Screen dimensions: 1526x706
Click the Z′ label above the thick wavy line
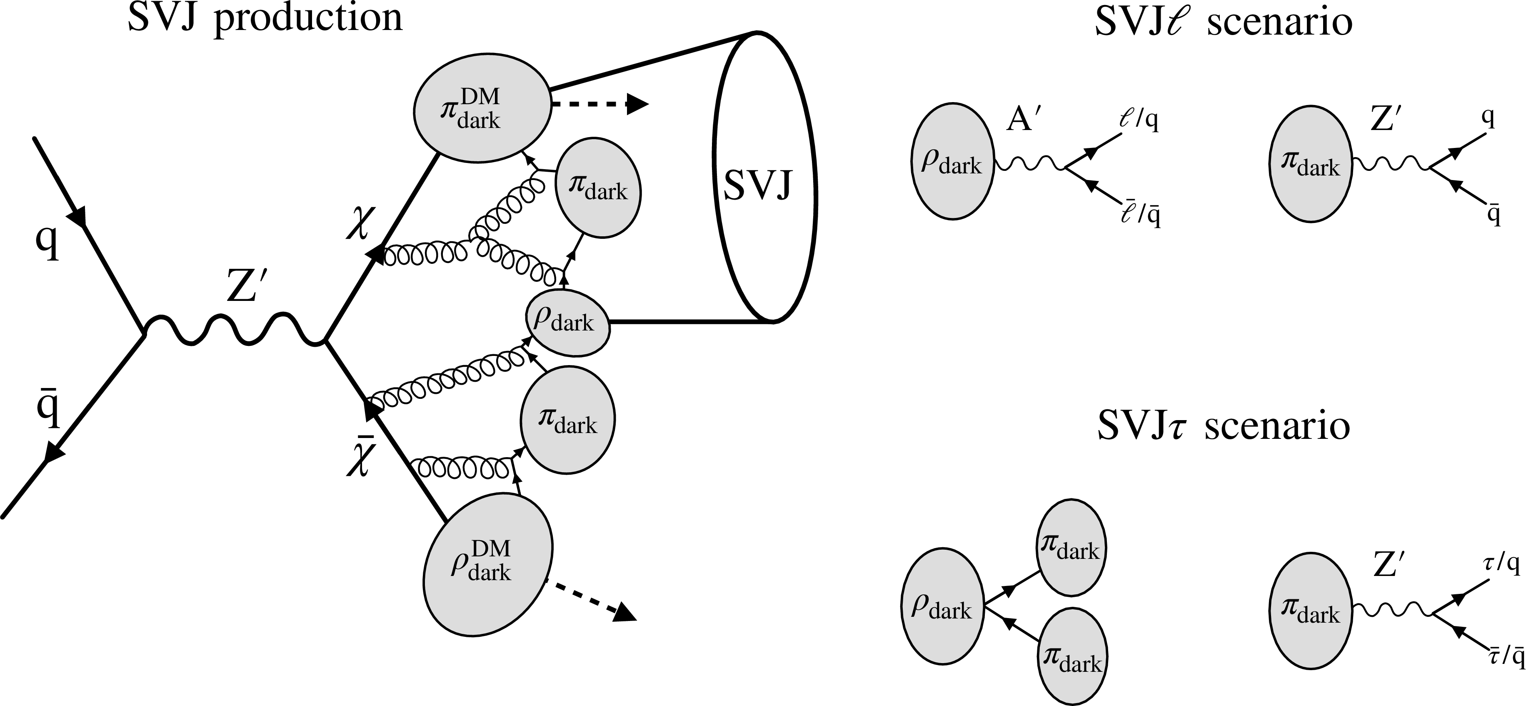pyautogui.click(x=243, y=288)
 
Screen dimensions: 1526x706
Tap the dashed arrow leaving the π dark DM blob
pyautogui.click(x=599, y=104)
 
